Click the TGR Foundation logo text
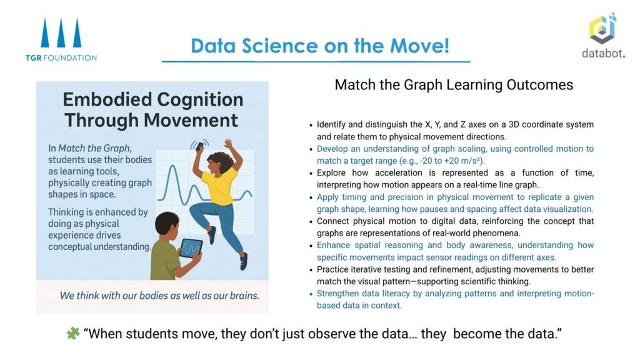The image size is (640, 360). [61, 57]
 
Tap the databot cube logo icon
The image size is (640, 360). [602, 28]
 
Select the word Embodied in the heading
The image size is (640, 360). [107, 99]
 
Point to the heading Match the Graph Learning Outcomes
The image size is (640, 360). [454, 85]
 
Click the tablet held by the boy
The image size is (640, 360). [191, 248]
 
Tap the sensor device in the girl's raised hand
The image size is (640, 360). [199, 146]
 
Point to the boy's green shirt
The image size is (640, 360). [165, 259]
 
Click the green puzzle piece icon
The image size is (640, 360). [73, 334]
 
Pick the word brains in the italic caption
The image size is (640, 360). [244, 296]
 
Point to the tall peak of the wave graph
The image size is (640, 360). [173, 166]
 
